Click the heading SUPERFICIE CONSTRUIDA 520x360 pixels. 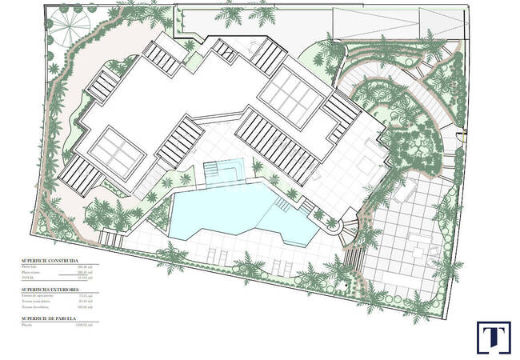pyautogui.click(x=50, y=261)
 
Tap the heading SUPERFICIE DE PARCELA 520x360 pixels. pyautogui.click(x=50, y=318)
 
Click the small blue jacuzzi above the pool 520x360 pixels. pyautogui.click(x=223, y=170)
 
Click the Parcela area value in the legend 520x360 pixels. pyautogui.click(x=83, y=326)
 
